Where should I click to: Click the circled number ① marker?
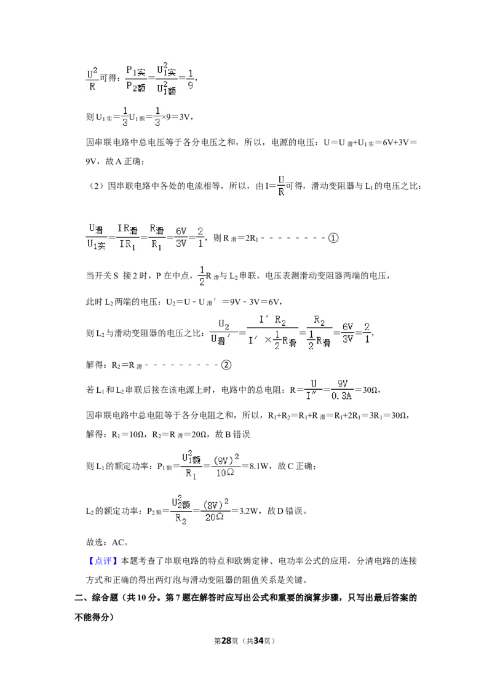click(333, 238)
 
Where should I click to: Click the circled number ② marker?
click(226, 365)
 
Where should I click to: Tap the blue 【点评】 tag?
click(103, 561)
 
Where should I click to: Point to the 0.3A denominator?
click(341, 395)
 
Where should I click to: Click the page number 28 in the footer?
click(226, 641)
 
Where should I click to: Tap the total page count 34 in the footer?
click(258, 641)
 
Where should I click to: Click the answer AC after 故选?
click(118, 542)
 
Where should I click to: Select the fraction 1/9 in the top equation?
click(190, 79)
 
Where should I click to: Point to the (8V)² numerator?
click(216, 504)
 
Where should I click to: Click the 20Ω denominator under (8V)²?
click(214, 517)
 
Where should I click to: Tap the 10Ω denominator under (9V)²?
click(224, 473)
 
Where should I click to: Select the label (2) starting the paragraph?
click(97, 186)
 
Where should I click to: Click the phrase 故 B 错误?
click(232, 434)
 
